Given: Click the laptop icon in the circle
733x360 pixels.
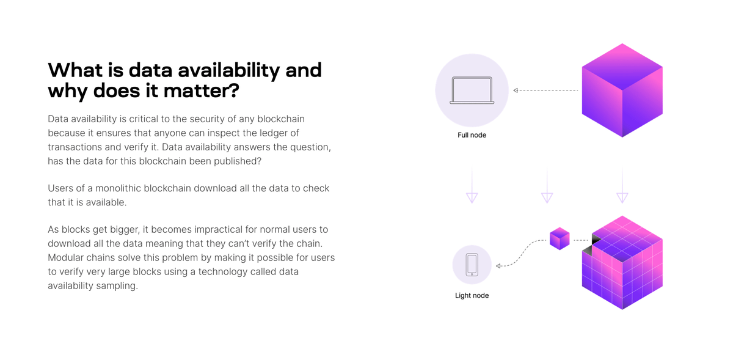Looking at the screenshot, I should coord(472,90).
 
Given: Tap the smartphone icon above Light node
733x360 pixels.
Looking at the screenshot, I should coord(472,265).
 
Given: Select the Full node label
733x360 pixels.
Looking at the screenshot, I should coord(472,135).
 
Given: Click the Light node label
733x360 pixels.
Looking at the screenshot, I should coord(472,296).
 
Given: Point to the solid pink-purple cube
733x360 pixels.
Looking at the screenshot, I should coord(622,90).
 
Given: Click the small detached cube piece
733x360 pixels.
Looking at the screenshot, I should coord(560,239).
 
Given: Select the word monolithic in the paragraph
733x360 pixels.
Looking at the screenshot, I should coord(134,188).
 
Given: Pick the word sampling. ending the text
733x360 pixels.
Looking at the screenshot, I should coord(117,285).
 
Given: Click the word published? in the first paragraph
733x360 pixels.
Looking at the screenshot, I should coord(241,161).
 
